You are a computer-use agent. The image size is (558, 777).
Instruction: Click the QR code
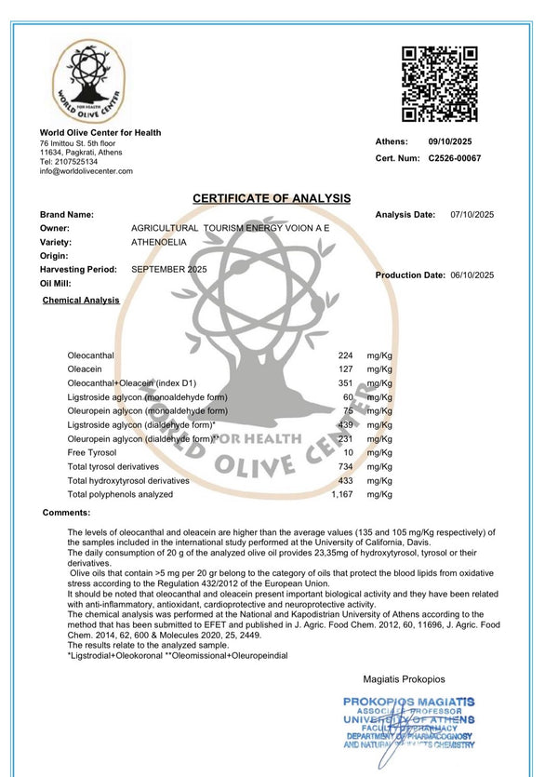[x=440, y=84]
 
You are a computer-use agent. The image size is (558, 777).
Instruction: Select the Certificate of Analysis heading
[x=272, y=198]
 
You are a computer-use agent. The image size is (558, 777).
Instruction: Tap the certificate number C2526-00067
[x=455, y=158]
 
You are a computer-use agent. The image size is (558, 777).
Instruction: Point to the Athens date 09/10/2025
[x=451, y=141]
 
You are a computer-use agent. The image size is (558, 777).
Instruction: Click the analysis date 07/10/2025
[x=472, y=215]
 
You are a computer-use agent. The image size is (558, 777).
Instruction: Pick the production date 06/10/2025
[x=472, y=275]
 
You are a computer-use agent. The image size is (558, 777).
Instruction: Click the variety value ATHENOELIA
[x=159, y=242]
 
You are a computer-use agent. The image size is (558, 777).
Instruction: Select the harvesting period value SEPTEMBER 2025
[x=169, y=269]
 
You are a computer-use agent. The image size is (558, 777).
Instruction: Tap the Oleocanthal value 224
[x=346, y=355]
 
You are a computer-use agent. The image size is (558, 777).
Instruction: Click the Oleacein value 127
[x=346, y=369]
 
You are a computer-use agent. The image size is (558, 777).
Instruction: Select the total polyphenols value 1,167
[x=342, y=494]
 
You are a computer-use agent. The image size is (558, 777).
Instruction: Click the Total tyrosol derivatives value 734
[x=346, y=466]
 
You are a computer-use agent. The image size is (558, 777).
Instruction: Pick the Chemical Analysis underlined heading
[x=81, y=301]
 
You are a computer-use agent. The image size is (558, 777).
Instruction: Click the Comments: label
[x=66, y=513]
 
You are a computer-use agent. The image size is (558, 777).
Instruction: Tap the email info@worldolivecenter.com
[x=86, y=171]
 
